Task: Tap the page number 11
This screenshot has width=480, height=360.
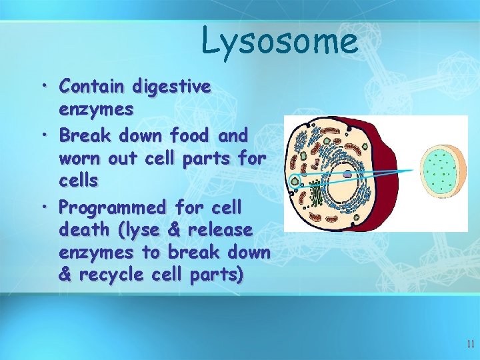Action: point(471,344)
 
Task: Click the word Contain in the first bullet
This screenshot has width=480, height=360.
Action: point(92,87)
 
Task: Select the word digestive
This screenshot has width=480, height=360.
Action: point(171,87)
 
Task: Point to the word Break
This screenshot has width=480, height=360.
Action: point(86,135)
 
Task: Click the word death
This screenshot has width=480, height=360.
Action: point(83,229)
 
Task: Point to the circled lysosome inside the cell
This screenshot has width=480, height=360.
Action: point(295,179)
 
